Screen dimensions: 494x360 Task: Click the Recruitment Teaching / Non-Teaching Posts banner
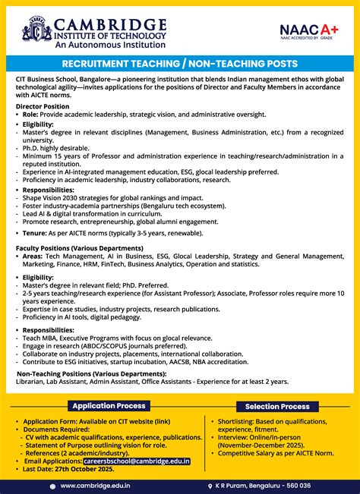(x=180, y=64)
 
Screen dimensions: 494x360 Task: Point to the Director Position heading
(x=43, y=107)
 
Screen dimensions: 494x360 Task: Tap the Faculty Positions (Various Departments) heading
(x=80, y=248)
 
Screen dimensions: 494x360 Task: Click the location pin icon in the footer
(x=210, y=485)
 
